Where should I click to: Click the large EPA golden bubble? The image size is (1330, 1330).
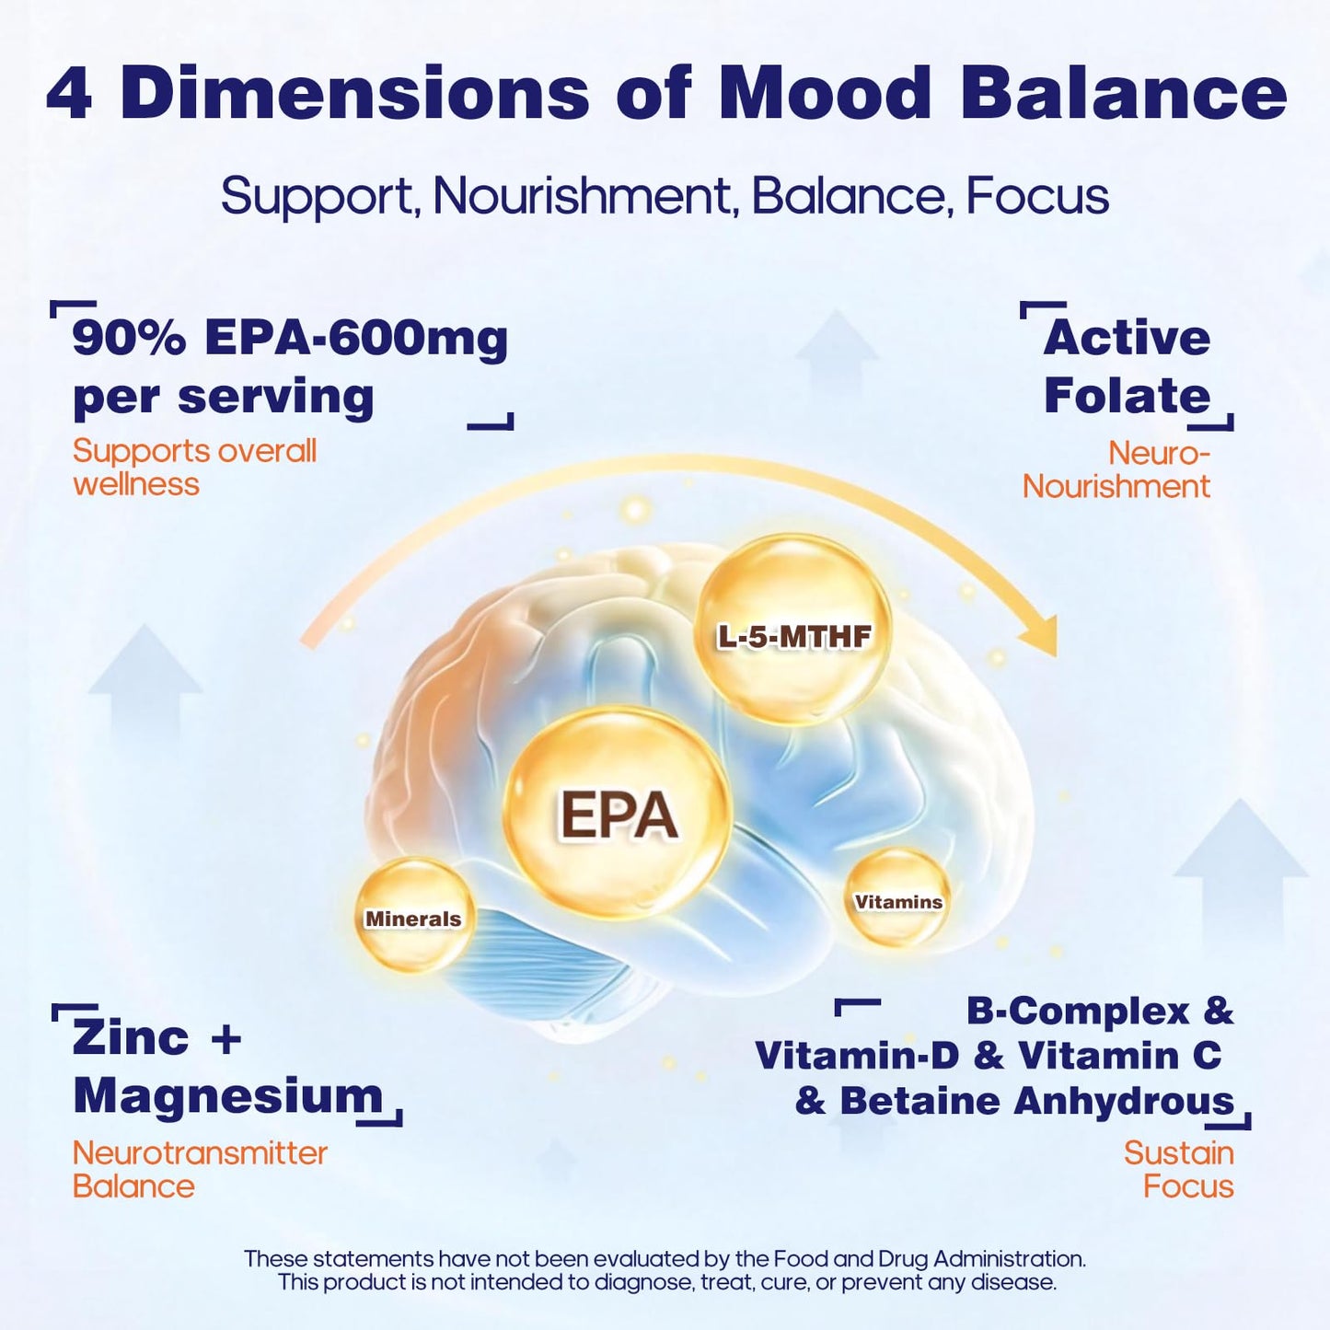pyautogui.click(x=617, y=815)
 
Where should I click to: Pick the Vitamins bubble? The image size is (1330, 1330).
pyautogui.click(x=898, y=897)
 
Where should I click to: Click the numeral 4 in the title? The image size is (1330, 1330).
pyautogui.click(x=69, y=94)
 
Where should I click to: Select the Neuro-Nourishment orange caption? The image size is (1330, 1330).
pyautogui.click(x=1116, y=470)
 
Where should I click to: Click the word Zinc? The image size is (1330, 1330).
pyautogui.click(x=131, y=1038)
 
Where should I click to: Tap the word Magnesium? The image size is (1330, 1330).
pyautogui.click(x=227, y=1097)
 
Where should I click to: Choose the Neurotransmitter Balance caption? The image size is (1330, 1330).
pyautogui.click(x=200, y=1170)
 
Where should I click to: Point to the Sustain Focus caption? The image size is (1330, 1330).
pyautogui.click(x=1179, y=1170)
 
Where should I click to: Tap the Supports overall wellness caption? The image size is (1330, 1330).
pyautogui.click(x=194, y=468)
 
